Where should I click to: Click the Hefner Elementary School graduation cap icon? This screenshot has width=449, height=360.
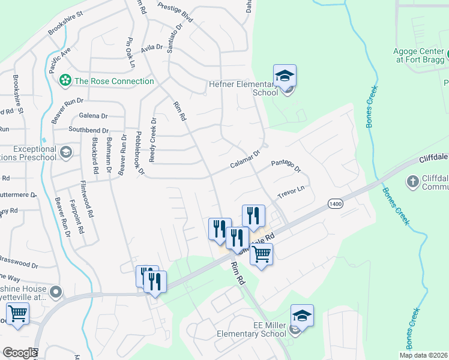coord(285,76)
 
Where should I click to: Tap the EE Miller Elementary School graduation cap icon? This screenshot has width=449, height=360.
coord(302,316)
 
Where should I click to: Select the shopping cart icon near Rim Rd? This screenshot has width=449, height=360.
coord(261,254)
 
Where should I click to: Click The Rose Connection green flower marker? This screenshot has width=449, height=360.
coord(64,81)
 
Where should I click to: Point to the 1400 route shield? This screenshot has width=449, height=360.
coord(335,205)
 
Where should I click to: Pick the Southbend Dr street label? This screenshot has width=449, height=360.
coord(88,130)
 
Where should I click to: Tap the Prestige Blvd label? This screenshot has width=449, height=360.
coord(175,12)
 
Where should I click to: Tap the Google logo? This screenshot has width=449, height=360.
coord(20,353)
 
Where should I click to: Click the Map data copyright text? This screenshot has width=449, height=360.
coord(424,355)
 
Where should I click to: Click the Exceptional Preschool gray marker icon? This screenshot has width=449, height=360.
coord(65,152)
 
